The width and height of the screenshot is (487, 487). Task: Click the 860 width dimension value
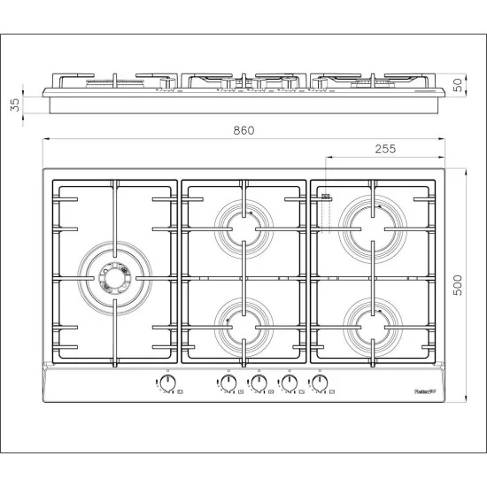(243, 130)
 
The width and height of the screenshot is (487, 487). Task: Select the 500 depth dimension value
(458, 282)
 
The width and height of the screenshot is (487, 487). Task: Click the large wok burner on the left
(112, 278)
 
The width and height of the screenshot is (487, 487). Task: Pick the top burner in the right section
(371, 217)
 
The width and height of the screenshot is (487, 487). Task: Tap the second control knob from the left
(228, 383)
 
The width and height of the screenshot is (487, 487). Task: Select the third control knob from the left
(259, 383)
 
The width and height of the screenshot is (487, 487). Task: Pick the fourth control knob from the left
(289, 383)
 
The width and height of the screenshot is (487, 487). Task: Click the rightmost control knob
(319, 383)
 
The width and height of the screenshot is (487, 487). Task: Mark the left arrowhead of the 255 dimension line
(329, 158)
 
